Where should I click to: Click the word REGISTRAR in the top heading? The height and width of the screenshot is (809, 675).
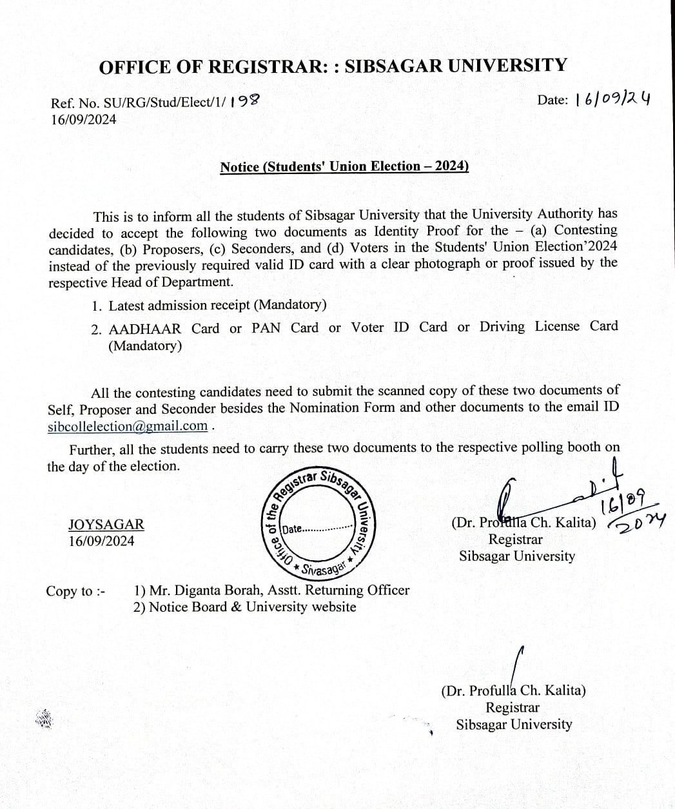(x=264, y=66)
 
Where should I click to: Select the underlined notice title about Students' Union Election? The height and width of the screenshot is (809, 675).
(x=344, y=166)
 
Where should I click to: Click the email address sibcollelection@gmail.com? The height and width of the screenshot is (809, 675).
(x=128, y=425)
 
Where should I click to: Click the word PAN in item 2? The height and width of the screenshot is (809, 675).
(x=266, y=327)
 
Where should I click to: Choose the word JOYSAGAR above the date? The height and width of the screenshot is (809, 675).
(x=106, y=525)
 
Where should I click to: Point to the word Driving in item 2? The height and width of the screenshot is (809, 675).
(x=502, y=327)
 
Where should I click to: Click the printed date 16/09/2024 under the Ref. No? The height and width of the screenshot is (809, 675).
(x=84, y=119)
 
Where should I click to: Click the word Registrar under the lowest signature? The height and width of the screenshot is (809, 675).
(x=513, y=707)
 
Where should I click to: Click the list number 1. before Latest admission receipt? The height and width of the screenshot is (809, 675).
(x=97, y=306)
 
